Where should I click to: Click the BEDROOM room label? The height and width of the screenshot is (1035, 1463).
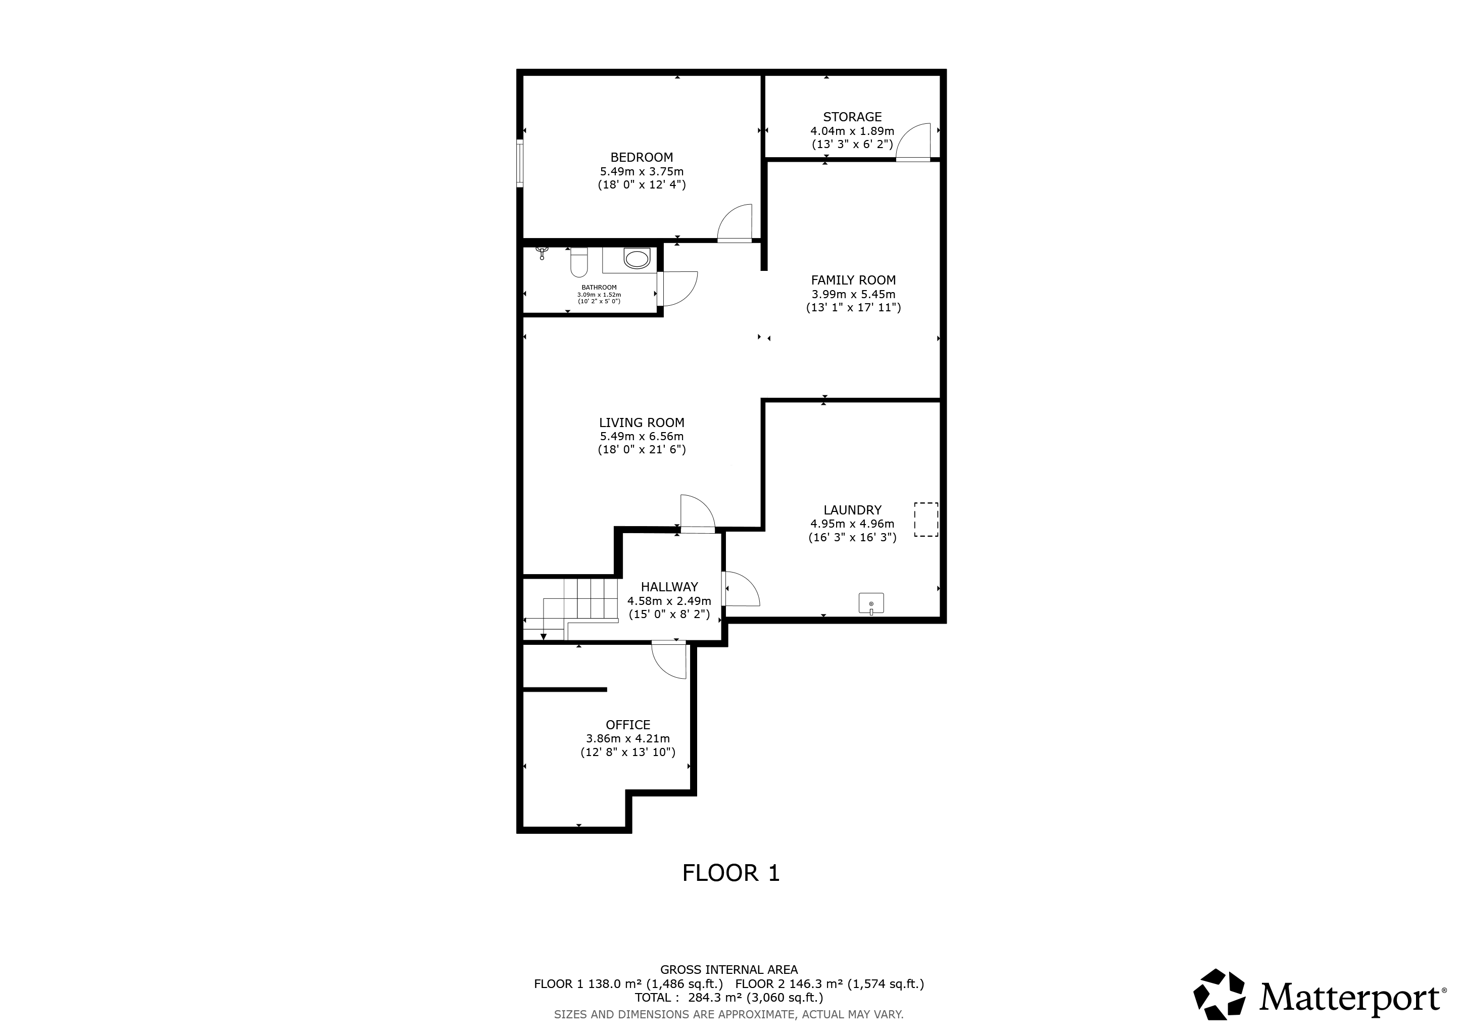point(642,157)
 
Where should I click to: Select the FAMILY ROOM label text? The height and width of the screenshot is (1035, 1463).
point(853,280)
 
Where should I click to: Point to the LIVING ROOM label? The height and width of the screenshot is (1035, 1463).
point(642,422)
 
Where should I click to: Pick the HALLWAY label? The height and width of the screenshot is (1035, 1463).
point(669,587)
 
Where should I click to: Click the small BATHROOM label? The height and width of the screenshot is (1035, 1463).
point(599,288)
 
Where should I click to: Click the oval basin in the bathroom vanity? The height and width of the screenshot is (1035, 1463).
point(637,259)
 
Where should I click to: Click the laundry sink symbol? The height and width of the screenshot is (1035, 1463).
point(871,603)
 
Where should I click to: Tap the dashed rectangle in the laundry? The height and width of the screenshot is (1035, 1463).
point(926,520)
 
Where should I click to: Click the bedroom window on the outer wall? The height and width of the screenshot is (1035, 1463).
point(520,164)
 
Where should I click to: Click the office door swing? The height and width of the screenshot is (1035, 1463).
point(669,660)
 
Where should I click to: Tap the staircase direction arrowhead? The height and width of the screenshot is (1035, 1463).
point(544,636)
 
